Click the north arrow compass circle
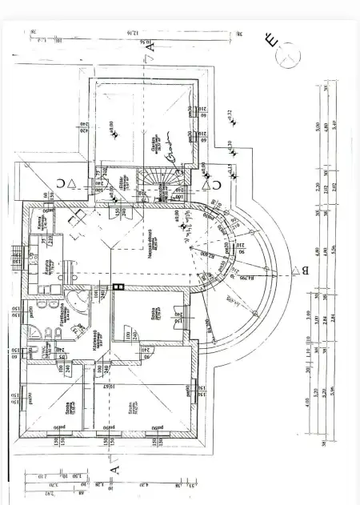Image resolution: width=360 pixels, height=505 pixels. pos(287,56)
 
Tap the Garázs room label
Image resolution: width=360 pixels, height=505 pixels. pos(170,144)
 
